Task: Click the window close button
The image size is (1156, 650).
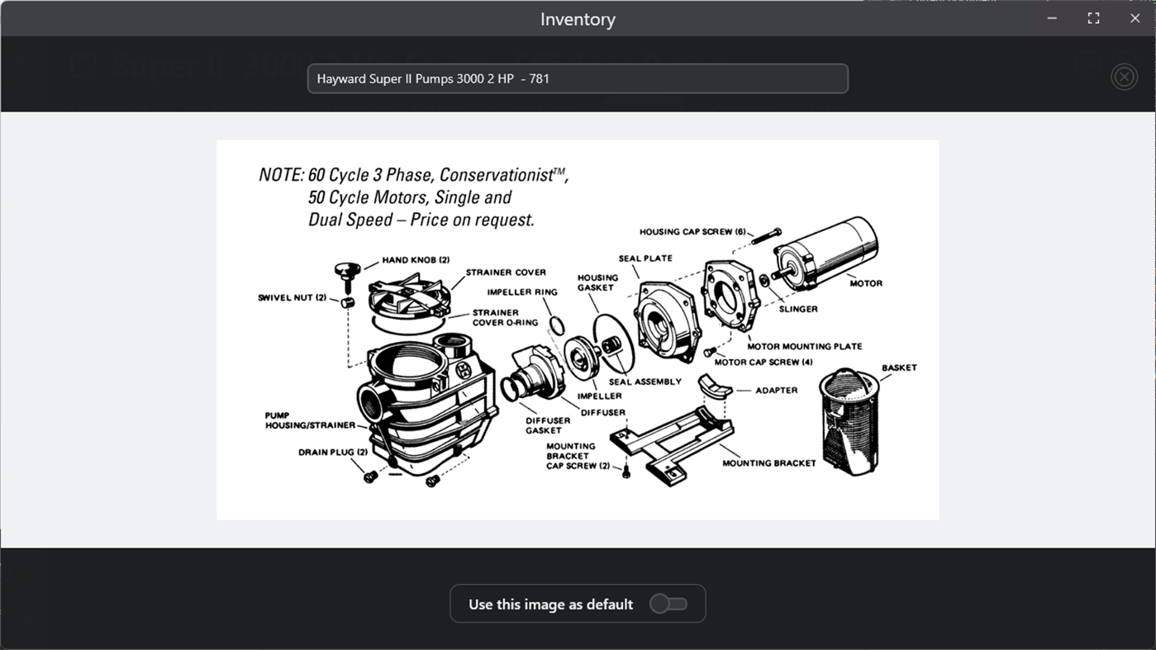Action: coord(1135,18)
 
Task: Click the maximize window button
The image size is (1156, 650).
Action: coord(1093,18)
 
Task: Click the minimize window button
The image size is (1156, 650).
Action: coord(1052,18)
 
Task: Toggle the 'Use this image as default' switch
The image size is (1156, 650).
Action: coord(668,604)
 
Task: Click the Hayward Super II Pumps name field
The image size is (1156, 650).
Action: coord(578,78)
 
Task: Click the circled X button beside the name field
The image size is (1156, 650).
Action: coord(1124,77)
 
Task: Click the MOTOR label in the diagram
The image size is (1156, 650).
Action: coord(866,283)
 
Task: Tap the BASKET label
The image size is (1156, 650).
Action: coord(899,368)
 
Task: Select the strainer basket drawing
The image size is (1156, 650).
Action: coord(849,421)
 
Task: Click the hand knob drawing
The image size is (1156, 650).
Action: coord(347,276)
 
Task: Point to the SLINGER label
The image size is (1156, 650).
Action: coord(798,309)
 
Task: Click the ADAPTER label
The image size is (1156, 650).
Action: coord(776,391)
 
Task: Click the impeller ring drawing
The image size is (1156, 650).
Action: coord(556,326)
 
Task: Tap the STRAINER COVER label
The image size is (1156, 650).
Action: coord(506,273)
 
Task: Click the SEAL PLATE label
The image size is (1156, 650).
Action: coord(645,259)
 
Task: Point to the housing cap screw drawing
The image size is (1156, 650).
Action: coord(766,235)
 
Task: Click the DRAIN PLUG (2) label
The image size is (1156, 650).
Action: coord(333,453)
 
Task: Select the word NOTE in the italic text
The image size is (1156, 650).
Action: coord(281,175)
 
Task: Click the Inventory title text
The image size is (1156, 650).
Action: coord(578,19)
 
